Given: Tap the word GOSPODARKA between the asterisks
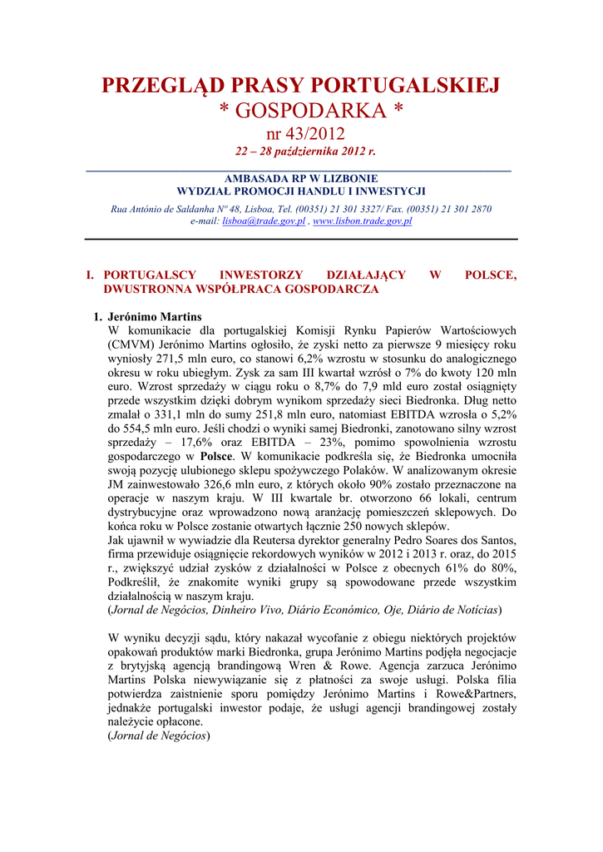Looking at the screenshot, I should pyautogui.click(x=301, y=111).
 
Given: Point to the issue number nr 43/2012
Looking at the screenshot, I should pyautogui.click(x=301, y=134).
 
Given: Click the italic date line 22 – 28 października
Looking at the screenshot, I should pyautogui.click(x=301, y=152).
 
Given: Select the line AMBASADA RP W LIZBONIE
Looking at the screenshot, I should pyautogui.click(x=301, y=178).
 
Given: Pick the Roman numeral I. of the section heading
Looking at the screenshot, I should pyautogui.click(x=91, y=275).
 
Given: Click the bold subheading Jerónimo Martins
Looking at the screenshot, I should pyautogui.click(x=155, y=317).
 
